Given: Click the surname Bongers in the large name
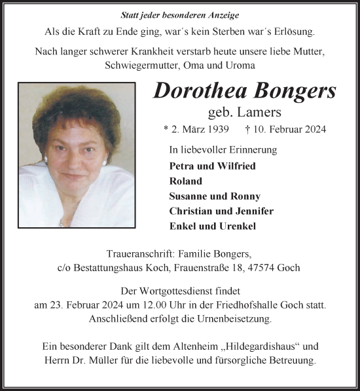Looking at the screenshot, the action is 291,91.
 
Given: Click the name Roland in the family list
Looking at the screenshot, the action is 185,181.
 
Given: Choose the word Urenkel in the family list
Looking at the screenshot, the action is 239,226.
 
